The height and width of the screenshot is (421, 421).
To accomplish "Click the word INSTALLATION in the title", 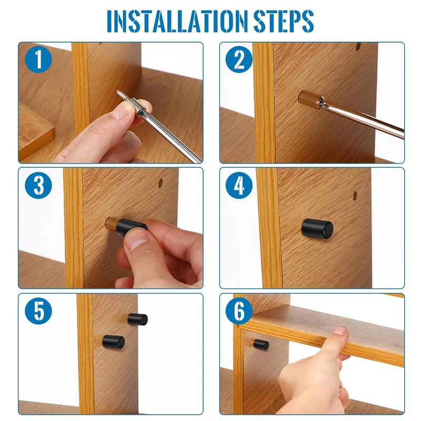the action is [x=177, y=21].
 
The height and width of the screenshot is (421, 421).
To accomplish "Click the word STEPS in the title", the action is [x=284, y=21].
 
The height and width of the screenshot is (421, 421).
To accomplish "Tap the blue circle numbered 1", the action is [x=38, y=59].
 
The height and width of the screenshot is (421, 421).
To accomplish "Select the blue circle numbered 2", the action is [x=239, y=59].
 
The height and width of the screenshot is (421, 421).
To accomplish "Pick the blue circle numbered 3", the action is [x=38, y=185].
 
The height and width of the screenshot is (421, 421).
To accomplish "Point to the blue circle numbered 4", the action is [x=239, y=185].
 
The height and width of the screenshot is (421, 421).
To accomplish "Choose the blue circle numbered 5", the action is [x=38, y=311].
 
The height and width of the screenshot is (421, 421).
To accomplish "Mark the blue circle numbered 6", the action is [x=239, y=311].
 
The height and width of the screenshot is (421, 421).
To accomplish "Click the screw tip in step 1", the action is [x=117, y=91].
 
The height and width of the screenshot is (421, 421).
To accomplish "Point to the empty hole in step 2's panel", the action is [x=358, y=46].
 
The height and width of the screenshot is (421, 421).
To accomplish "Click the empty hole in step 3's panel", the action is [x=161, y=183].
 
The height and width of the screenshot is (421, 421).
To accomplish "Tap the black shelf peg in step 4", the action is [x=317, y=228].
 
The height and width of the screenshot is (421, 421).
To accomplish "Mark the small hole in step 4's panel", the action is [x=355, y=196].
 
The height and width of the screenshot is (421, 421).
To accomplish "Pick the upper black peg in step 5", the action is [x=137, y=319].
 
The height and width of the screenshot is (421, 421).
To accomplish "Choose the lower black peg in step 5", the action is [x=114, y=342].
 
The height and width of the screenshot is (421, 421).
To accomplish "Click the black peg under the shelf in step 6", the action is [x=261, y=344].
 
